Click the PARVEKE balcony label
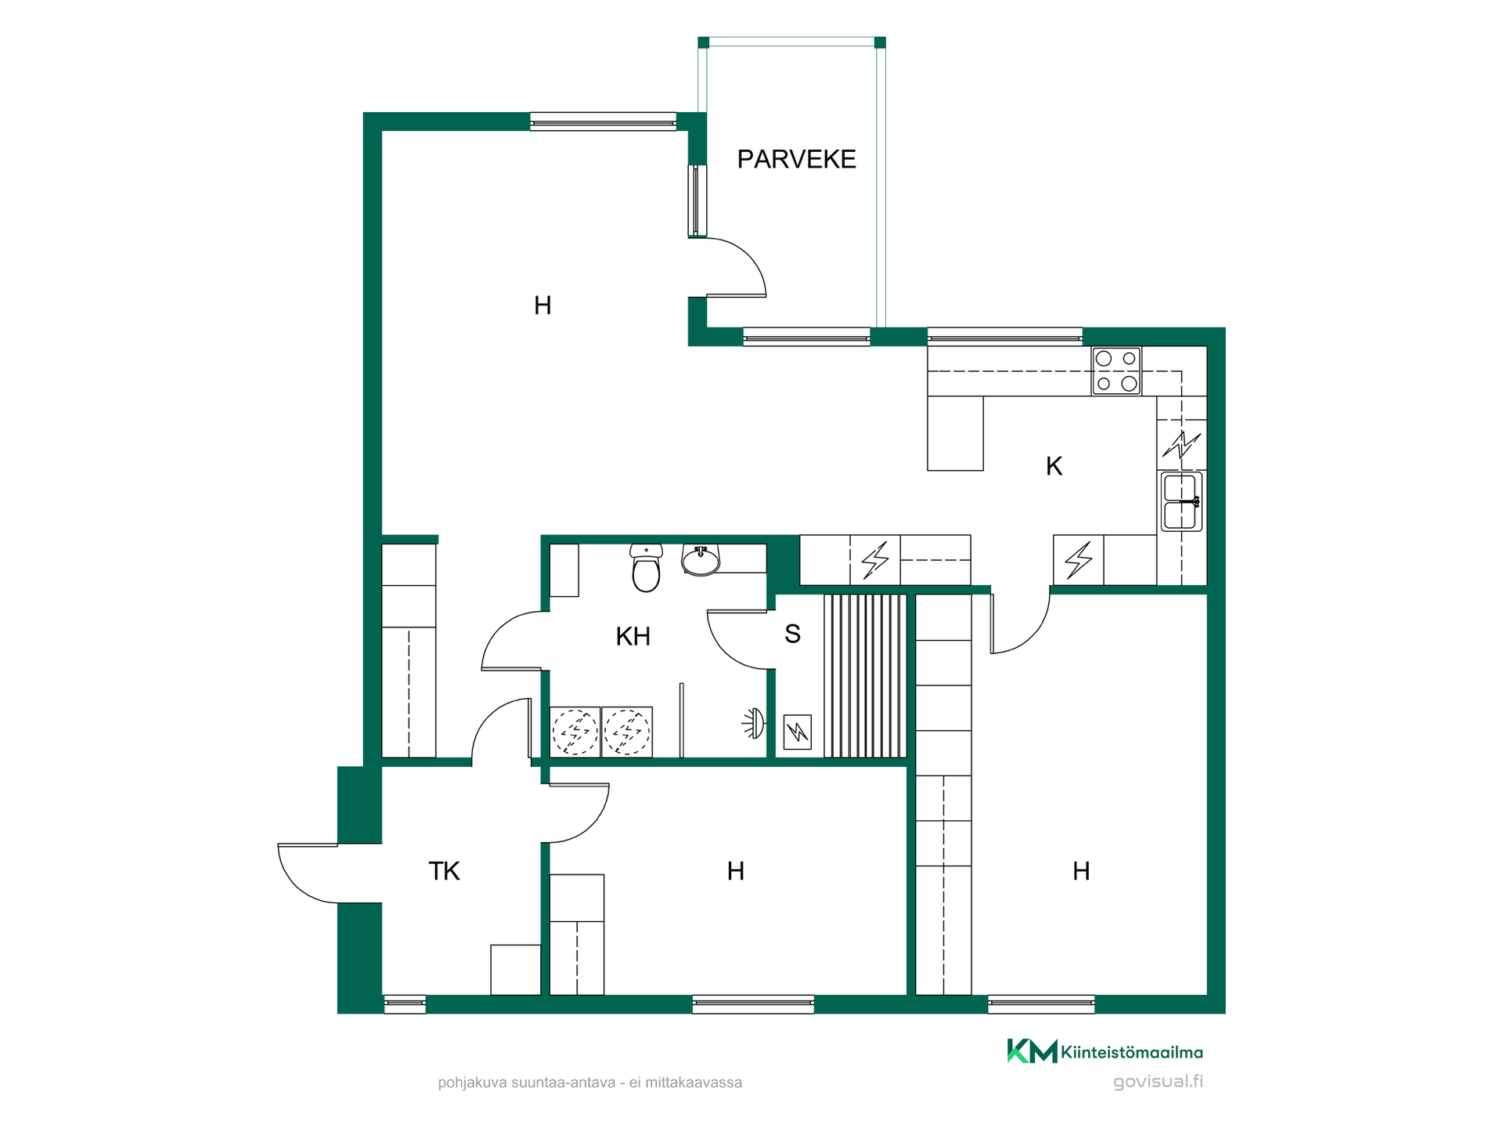pos(796,159)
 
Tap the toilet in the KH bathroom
pos(646,568)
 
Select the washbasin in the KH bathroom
pos(701,560)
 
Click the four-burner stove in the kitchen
pos(1116,371)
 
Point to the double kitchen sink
pos(1181,501)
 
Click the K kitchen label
pos(1054,466)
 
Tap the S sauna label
pos(792,634)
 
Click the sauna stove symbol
pos(797,732)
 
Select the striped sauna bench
pos(865,676)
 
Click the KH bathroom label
pos(633,636)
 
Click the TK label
pos(444,871)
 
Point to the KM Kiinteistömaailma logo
pos(1105,1051)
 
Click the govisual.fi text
pos(1158,1082)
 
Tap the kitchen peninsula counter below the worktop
pos(955,433)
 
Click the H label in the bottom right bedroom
pos(1081,871)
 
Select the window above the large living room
pos(603,121)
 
